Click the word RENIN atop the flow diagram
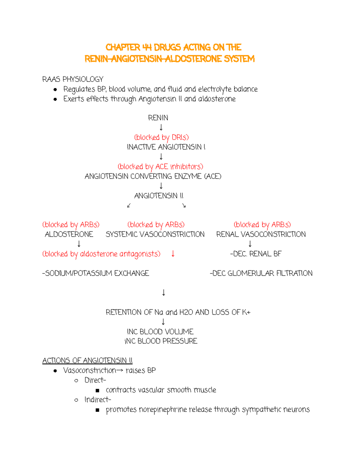158,118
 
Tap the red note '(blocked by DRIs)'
161,137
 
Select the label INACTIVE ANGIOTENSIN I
166,147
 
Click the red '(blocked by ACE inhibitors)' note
160,167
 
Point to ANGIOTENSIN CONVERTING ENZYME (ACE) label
153,176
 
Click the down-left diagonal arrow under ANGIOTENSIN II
129,206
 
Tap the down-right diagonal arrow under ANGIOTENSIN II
184,206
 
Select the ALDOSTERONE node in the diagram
69,234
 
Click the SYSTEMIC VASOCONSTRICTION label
155,234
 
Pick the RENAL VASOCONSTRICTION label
261,234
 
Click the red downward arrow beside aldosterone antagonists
173,254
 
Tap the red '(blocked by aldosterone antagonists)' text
101,254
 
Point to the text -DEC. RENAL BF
256,254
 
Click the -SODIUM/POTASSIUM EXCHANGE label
95,273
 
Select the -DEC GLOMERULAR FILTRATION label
261,273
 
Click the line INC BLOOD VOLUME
160,332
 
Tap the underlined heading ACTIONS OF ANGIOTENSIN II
87,360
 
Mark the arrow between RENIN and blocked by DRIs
161,128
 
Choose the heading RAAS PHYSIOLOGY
73,79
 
